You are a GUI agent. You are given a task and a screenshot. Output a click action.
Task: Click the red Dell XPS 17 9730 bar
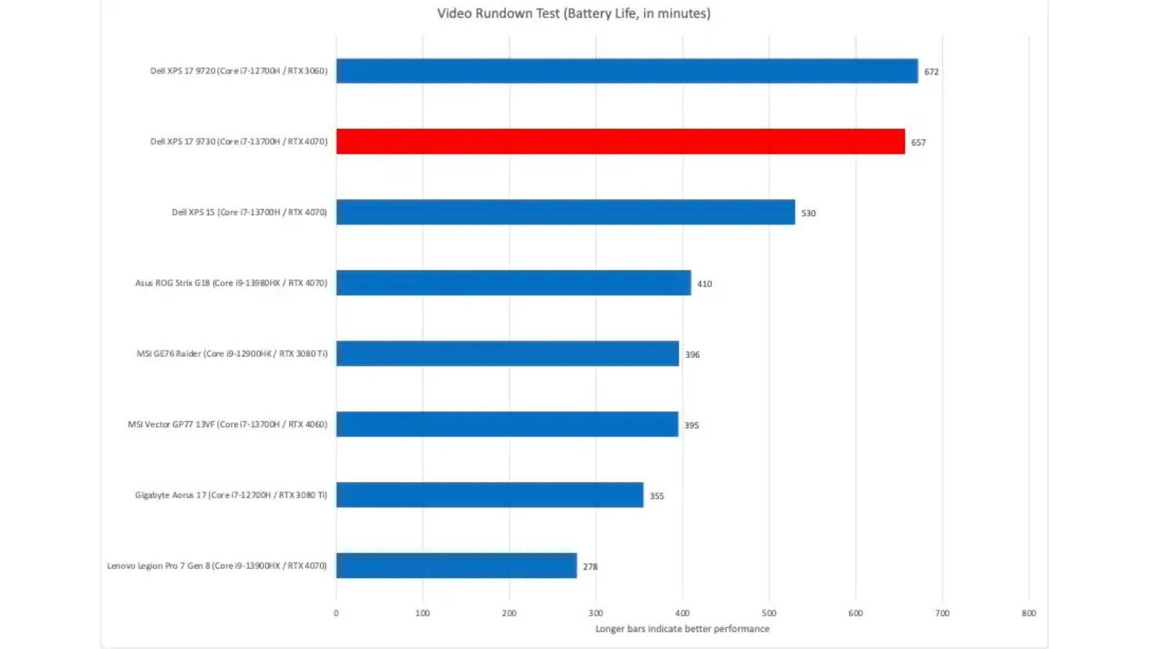coord(620,142)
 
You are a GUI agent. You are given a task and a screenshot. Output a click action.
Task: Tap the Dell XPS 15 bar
coord(565,212)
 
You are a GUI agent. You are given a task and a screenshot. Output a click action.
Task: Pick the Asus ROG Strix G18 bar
coord(513,283)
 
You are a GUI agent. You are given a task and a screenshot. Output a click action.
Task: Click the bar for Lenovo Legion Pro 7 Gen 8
coord(456,566)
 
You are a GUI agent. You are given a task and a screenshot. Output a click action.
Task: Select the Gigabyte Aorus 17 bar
coord(490,495)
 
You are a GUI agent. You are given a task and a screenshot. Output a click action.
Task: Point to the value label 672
coord(931,72)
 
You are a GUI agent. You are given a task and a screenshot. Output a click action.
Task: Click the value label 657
coord(918,142)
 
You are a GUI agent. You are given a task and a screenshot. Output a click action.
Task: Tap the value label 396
coord(692,355)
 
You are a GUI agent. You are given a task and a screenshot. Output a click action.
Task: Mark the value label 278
coord(590,567)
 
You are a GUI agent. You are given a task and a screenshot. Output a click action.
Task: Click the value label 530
coord(808,213)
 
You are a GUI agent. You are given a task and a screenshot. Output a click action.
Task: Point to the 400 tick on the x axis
coord(682,614)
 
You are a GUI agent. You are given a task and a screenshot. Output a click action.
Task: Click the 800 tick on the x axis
coord(1029,614)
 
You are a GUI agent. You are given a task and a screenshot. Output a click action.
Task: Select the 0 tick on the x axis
coord(336,614)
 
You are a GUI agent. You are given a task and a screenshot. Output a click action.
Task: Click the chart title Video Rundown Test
coord(573,13)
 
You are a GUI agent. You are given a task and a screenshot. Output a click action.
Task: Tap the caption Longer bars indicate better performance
coord(682,629)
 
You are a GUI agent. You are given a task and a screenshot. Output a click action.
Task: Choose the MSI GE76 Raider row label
coord(232,354)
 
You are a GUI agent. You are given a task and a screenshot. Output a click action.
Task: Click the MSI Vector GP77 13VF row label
coord(227,424)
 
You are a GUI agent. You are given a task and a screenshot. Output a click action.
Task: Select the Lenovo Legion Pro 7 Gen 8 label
coord(217,566)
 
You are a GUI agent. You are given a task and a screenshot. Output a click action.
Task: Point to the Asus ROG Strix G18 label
coord(231,283)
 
